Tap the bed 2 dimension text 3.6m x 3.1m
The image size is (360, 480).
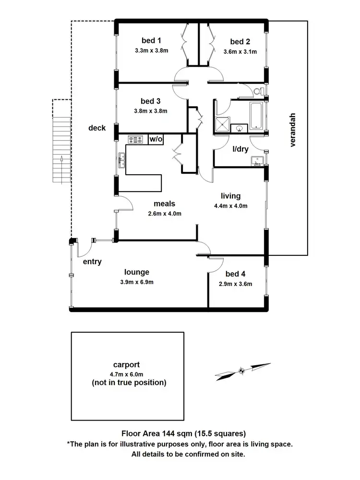pyautogui.click(x=240, y=52)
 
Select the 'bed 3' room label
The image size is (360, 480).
pyautogui.click(x=150, y=101)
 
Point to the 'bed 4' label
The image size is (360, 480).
pyautogui.click(x=235, y=274)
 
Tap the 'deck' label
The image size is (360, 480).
pyautogui.click(x=97, y=128)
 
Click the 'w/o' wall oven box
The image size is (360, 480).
pyautogui.click(x=156, y=139)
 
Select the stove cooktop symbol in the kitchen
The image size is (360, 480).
pyautogui.click(x=136, y=140)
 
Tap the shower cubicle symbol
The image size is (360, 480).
pyautogui.click(x=222, y=124)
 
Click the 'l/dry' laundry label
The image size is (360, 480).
pyautogui.click(x=240, y=149)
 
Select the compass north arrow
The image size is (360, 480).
pyautogui.click(x=242, y=370)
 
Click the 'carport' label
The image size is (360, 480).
pyautogui.click(x=127, y=365)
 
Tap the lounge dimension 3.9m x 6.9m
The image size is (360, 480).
pyautogui.click(x=137, y=282)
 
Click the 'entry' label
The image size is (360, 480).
pyautogui.click(x=92, y=262)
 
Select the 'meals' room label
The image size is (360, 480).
pyautogui.click(x=164, y=204)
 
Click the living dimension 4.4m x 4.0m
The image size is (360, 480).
pyautogui.click(x=230, y=206)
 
